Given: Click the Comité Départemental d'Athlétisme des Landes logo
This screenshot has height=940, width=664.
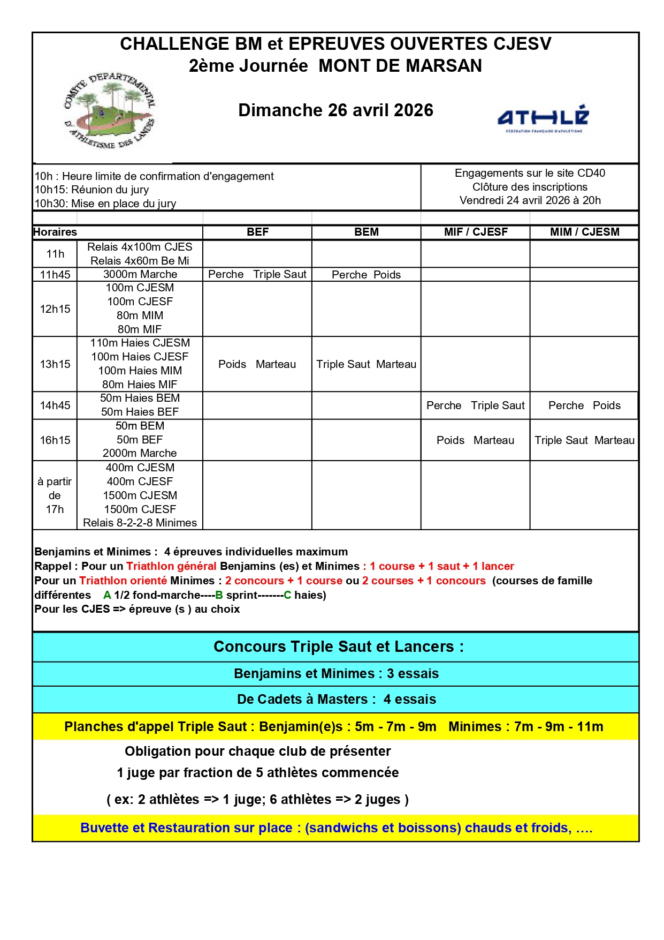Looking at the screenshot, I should coord(109,111).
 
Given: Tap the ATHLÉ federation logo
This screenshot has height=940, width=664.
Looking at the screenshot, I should coord(543,118).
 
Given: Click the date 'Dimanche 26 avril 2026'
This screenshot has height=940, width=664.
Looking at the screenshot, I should coord(335,110).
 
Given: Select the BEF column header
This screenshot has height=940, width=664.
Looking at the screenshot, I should coord(257,232).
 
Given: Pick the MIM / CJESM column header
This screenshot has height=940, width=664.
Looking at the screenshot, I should coord(584,232).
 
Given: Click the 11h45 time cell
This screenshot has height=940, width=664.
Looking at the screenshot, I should coord(55,275).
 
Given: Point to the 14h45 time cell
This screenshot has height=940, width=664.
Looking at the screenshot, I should coord(55,405).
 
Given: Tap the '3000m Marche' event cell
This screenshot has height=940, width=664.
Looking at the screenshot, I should coord(140,274).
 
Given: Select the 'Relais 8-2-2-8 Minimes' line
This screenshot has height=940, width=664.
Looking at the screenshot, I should coord(140,523).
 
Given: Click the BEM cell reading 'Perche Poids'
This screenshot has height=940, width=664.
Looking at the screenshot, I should coord(366,275).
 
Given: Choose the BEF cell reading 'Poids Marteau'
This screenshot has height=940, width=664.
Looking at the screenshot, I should coord(257,364).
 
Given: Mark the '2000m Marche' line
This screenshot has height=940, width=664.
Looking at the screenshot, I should coord(140,453).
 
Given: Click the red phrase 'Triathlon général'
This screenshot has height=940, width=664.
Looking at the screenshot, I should coord(171,566).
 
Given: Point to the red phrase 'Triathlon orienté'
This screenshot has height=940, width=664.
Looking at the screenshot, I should coord(123,581).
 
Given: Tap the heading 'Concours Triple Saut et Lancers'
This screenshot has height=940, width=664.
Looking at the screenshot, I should coord(338,647).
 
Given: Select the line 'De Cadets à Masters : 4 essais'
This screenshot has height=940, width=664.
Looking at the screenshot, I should coord(337,700).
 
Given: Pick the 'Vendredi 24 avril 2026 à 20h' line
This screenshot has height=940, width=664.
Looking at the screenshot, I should coord(530,200).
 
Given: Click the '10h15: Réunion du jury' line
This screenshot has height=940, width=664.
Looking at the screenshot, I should coord(91,190).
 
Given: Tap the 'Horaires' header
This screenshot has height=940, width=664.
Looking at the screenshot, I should coord(55,232).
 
